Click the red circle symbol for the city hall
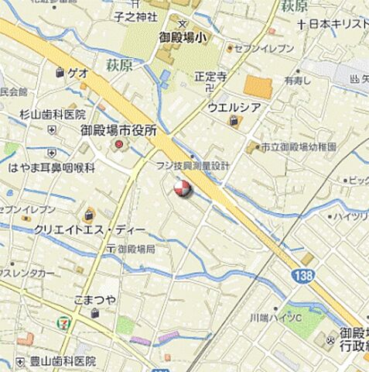click(x=119, y=145)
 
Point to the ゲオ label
click(x=77, y=72)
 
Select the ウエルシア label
click(x=233, y=107)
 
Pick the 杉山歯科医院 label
click(x=53, y=114)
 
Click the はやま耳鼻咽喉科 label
click(x=51, y=167)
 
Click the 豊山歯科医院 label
click(x=62, y=361)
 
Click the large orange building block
click(x=258, y=87)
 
